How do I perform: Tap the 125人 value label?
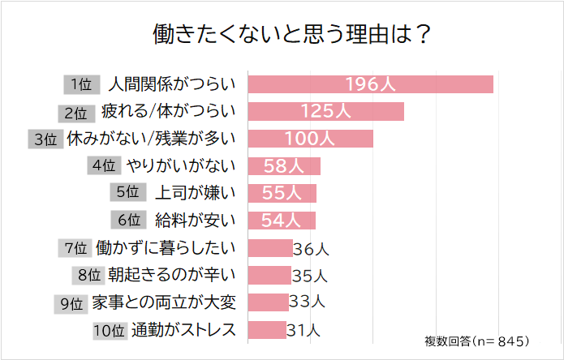pos(325,111)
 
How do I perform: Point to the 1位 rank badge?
pos(80,84)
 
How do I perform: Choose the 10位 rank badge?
pos(110,330)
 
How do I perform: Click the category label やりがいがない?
pos(181,165)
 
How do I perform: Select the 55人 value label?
pos(283,193)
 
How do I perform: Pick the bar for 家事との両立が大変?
pos(268,302)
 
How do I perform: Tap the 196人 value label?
pos(371,84)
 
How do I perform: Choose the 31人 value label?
pos(305,330)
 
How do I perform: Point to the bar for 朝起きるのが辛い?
pos(269,276)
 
